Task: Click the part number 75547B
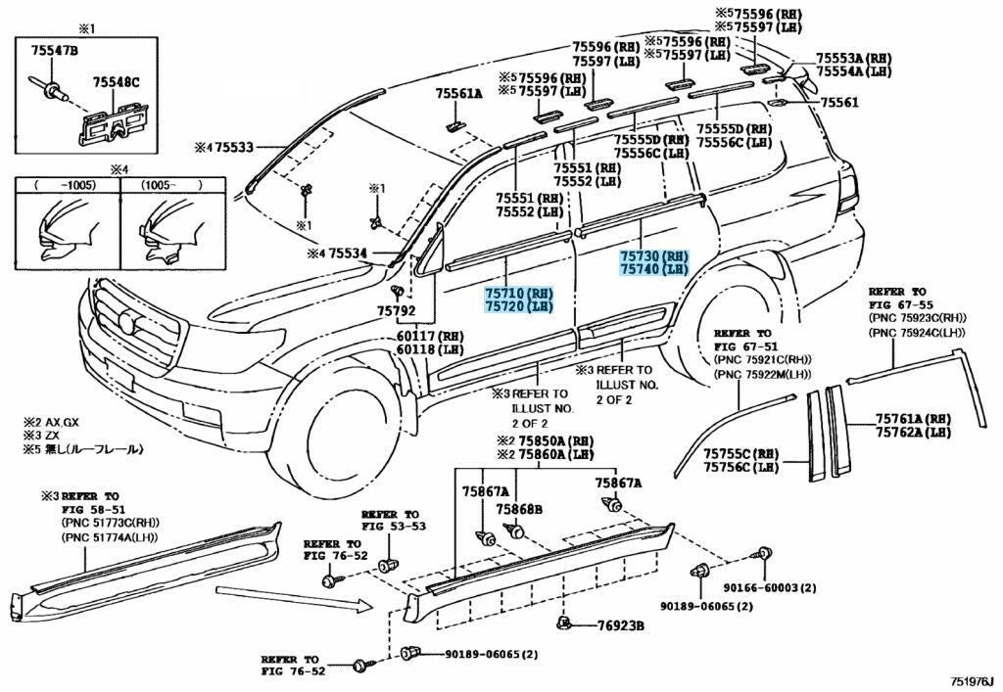pos(55,51)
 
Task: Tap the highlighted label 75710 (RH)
pos(518,294)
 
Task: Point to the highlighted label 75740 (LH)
pos(653,269)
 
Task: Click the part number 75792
pos(396,311)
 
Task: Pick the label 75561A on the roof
pos(458,94)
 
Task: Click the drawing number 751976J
pos(973,681)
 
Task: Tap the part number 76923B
pos(620,626)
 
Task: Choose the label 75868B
pos(519,509)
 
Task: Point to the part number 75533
pos(233,148)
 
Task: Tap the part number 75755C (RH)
pos(740,453)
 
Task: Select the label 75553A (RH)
pos(853,58)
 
